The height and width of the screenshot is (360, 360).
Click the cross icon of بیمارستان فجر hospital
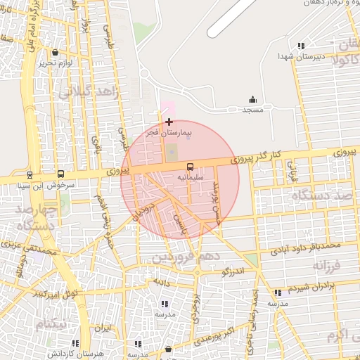[169, 122]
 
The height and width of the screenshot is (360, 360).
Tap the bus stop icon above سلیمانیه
[191, 167]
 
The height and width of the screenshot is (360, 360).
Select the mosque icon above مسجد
[252, 100]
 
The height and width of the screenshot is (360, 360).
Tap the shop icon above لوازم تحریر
[56, 52]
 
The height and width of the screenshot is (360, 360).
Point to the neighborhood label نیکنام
[53, 323]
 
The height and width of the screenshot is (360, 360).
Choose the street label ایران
[103, 328]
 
